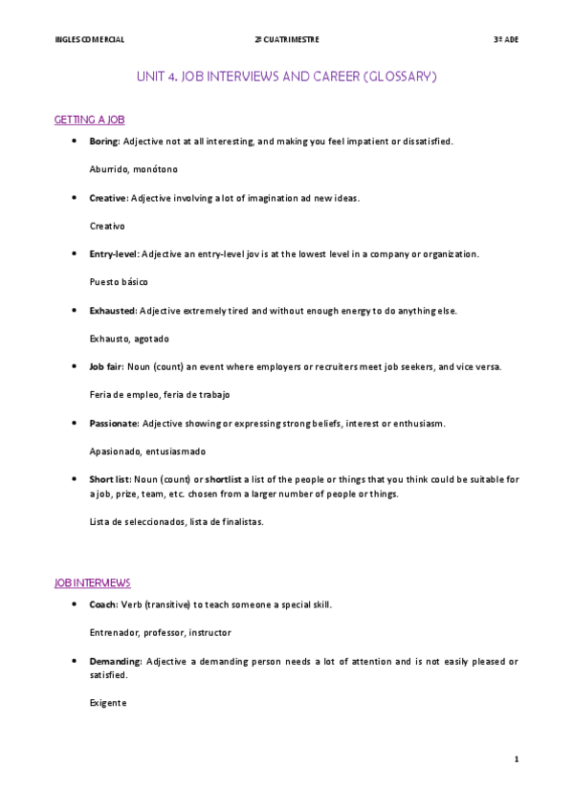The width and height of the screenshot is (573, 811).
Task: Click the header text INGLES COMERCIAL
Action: pos(90,39)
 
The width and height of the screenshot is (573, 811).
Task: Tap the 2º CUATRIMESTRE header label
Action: pos(287,39)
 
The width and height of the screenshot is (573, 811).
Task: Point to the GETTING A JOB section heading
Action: pos(90,120)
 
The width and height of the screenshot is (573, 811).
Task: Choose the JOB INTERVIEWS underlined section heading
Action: pos(93,582)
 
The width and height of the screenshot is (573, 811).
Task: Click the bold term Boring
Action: pos(103,142)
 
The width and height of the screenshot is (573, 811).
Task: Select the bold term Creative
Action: pos(108,198)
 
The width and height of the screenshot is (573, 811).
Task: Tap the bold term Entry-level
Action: pos(114,254)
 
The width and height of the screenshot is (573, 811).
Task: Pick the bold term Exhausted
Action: pos(113,311)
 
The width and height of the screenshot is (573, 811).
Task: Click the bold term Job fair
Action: pos(105,367)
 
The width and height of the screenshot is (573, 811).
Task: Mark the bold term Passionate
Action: pos(114,423)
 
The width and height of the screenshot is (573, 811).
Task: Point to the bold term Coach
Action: pos(103,605)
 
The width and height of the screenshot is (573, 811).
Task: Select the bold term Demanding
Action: pos(115,661)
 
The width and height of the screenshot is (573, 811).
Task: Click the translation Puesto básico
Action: pos(119,282)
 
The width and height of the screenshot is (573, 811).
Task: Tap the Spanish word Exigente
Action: pos(107,703)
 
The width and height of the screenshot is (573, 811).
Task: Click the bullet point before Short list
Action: pos(75,479)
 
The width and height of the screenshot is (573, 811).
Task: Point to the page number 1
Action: pos(517,759)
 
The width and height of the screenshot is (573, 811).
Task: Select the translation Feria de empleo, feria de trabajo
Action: pos(160,395)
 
